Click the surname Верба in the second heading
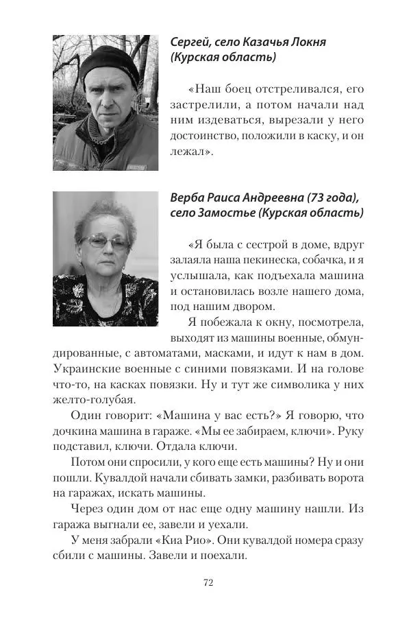coord(188,198)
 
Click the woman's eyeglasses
coord(104,241)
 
